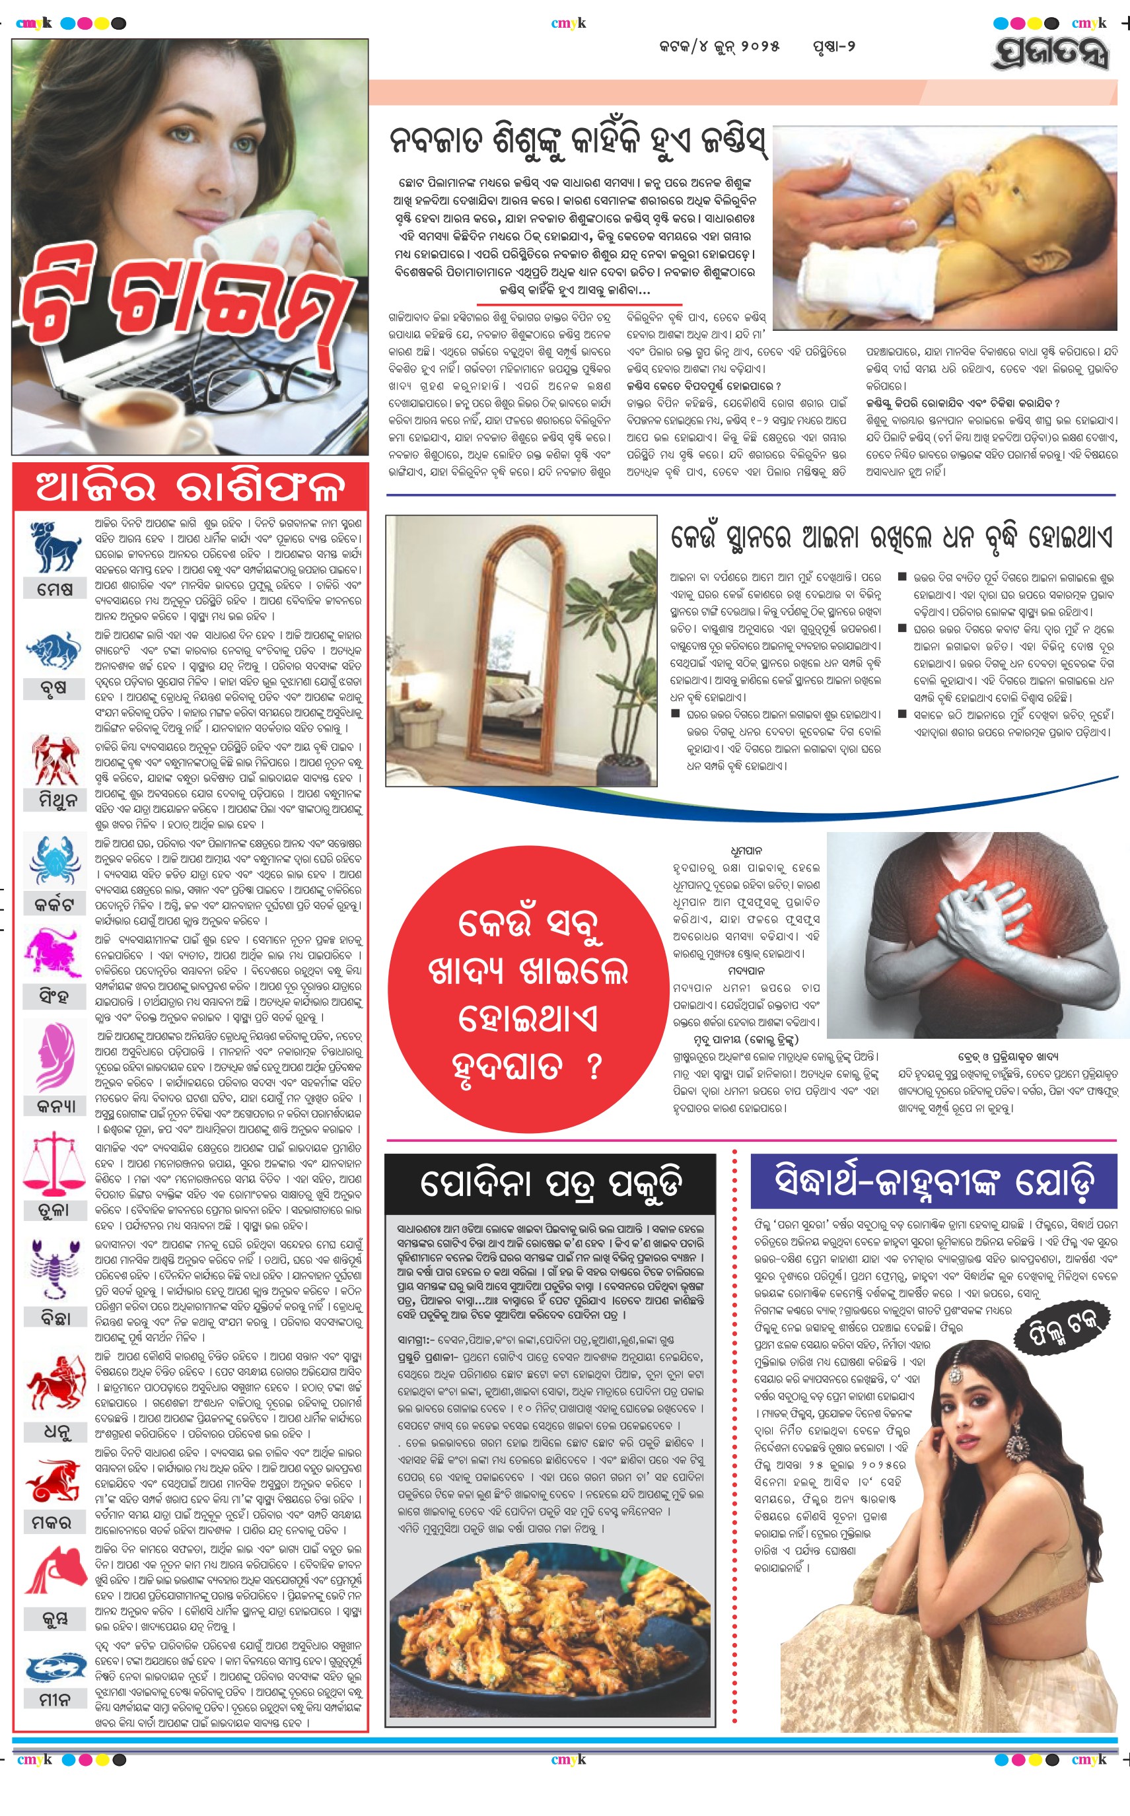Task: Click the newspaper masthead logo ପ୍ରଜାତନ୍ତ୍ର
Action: point(1051,52)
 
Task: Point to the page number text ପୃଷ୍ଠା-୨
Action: point(833,46)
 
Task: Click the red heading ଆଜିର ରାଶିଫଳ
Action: point(191,487)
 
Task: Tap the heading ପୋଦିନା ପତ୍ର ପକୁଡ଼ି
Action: point(551,1185)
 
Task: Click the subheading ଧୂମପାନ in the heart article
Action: point(746,851)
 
